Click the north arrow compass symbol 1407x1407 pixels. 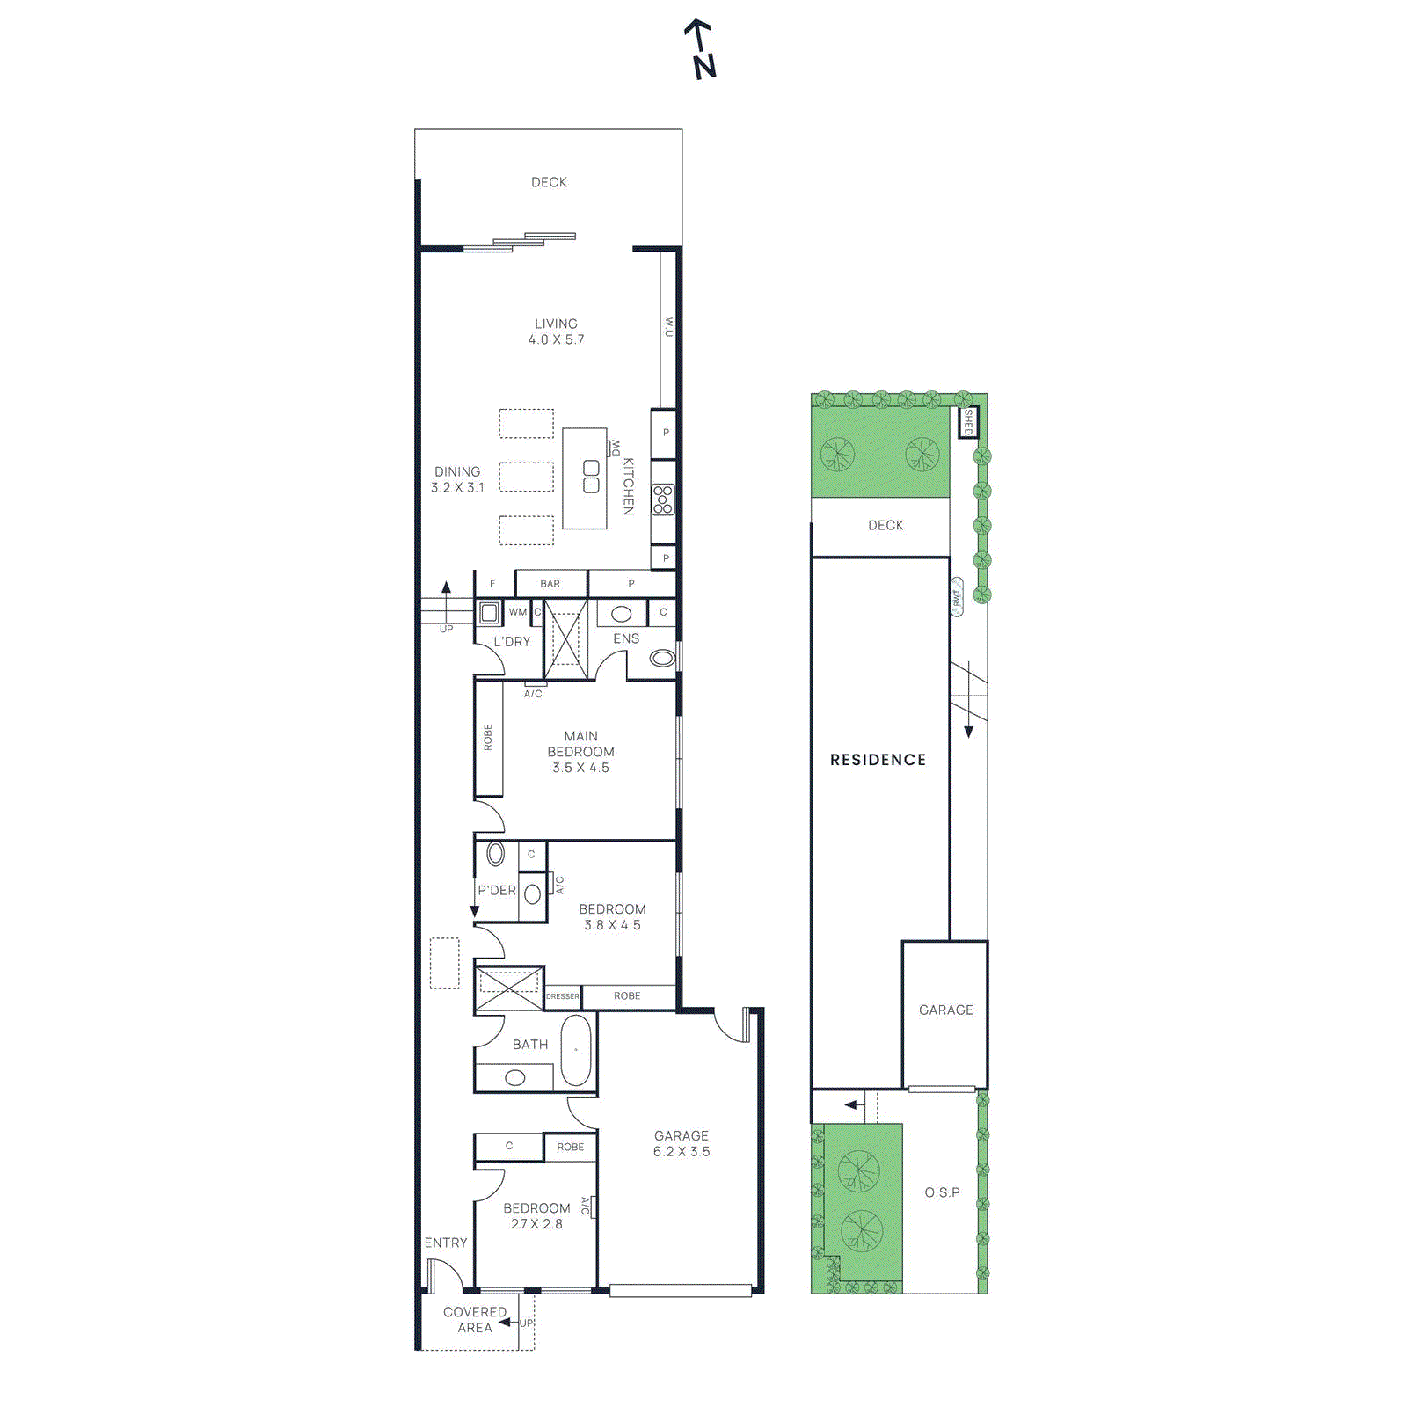(701, 49)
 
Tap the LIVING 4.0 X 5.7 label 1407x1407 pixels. (556, 332)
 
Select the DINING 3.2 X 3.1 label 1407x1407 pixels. (457, 479)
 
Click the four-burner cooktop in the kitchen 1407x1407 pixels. (663, 499)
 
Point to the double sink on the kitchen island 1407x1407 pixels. (591, 477)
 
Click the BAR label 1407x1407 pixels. (550, 584)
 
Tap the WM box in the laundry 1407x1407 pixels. (518, 612)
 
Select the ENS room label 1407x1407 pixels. (626, 638)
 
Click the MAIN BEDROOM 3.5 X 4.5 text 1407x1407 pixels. (580, 752)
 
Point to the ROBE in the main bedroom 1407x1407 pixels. (488, 738)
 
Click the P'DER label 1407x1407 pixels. (497, 890)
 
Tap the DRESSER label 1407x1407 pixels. (563, 996)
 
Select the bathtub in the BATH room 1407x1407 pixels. (576, 1050)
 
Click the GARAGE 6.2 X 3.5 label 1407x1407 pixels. (682, 1143)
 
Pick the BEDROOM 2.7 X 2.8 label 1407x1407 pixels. (536, 1215)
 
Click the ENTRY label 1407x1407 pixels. (446, 1243)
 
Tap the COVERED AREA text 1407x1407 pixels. (475, 1319)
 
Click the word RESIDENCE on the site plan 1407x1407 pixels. (878, 760)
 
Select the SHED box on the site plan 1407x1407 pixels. (968, 422)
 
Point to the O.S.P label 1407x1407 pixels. (942, 1192)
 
